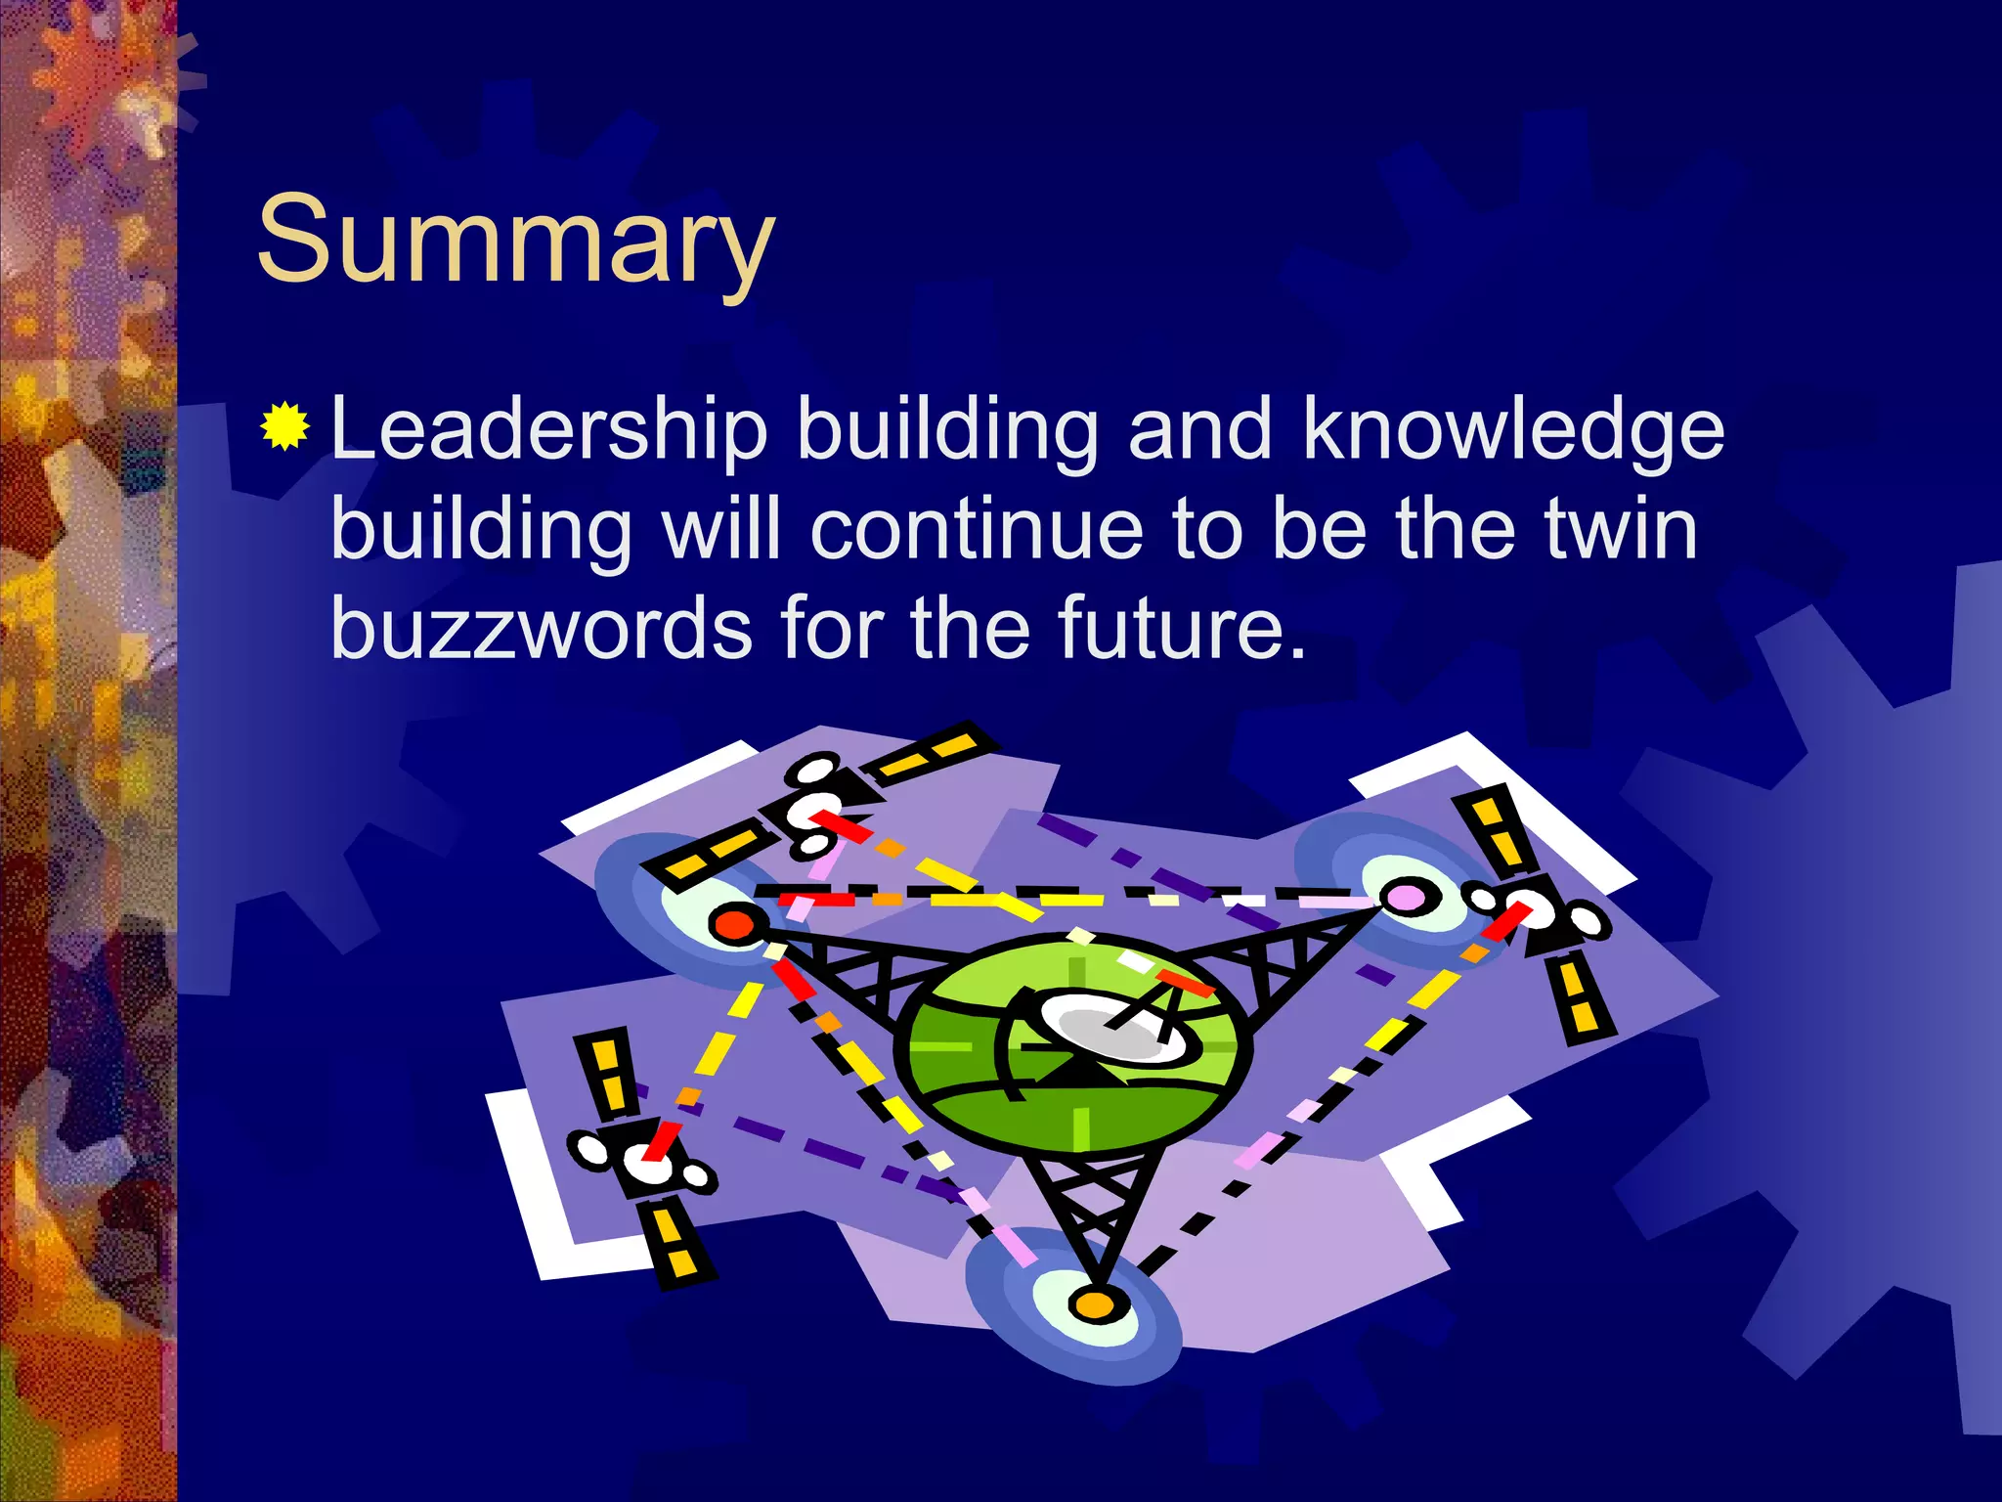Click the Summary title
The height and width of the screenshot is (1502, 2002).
pyautogui.click(x=515, y=240)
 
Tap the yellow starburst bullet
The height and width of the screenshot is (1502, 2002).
pyautogui.click(x=284, y=426)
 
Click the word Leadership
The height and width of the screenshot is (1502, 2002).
pyautogui.click(x=549, y=430)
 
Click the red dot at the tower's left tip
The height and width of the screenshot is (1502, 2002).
pyautogui.click(x=734, y=924)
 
